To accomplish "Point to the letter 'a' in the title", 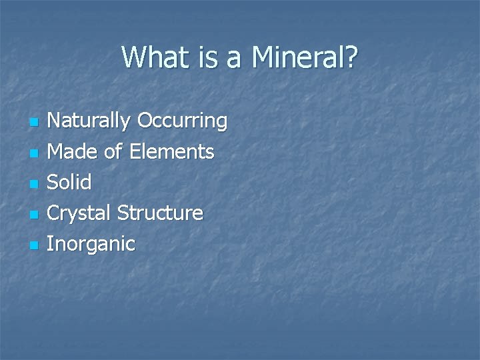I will click(233, 59).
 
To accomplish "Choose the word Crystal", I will click(81, 213).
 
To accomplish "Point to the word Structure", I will click(160, 213).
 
